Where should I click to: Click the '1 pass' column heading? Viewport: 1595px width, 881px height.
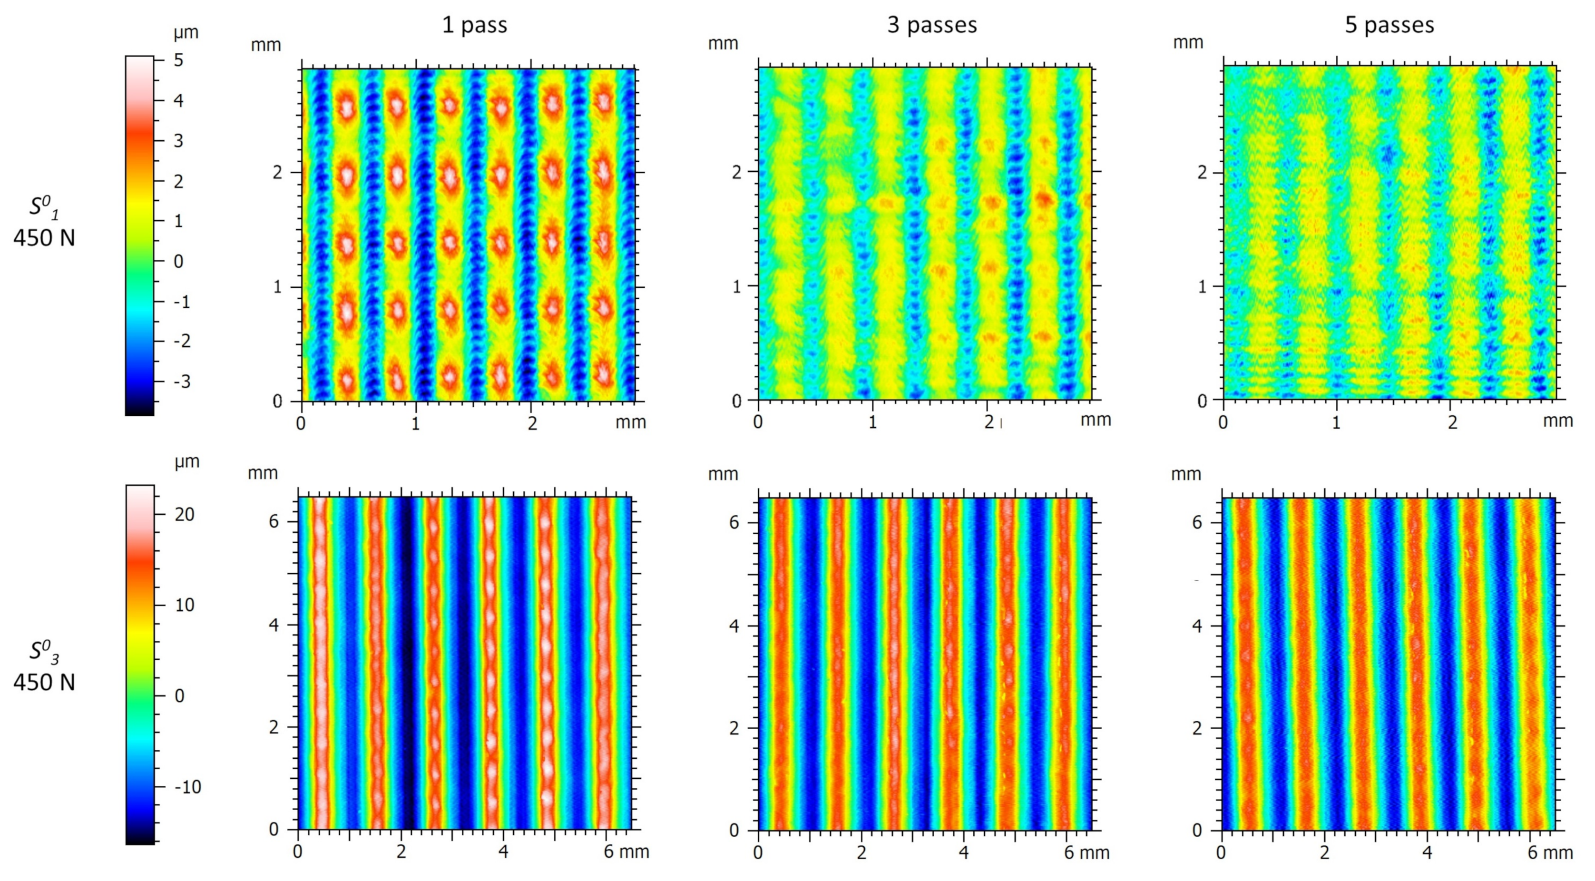click(474, 25)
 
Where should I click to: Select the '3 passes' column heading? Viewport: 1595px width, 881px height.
click(932, 25)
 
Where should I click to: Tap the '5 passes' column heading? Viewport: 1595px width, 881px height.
click(1390, 25)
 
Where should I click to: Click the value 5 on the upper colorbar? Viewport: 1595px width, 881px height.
click(178, 60)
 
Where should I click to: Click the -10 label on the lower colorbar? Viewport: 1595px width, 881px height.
click(187, 787)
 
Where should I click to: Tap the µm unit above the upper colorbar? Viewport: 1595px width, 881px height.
click(186, 32)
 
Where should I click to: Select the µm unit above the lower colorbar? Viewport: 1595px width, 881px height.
click(186, 462)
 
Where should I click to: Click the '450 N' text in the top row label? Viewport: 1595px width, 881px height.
click(44, 238)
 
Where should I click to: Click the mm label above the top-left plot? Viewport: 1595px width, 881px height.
click(265, 45)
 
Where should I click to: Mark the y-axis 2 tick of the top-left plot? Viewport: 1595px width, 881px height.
click(278, 172)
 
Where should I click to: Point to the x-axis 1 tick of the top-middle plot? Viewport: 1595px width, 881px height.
click(872, 422)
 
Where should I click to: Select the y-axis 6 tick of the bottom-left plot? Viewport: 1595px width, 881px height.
click(274, 521)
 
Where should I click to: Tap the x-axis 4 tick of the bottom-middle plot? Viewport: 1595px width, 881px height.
click(963, 852)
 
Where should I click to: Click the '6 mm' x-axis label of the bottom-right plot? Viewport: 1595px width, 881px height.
click(1550, 852)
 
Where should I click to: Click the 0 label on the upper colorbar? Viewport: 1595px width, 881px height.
click(178, 261)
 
